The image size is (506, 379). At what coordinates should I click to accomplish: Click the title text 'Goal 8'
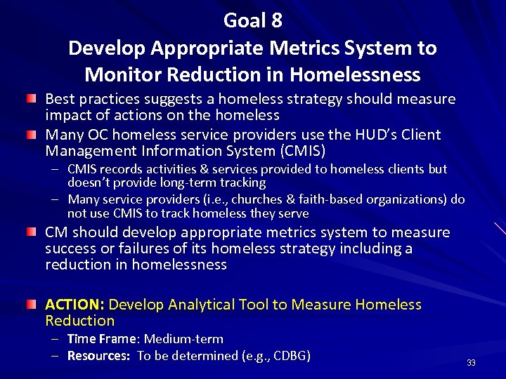click(252, 20)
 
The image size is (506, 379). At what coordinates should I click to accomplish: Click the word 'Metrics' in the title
click(294, 48)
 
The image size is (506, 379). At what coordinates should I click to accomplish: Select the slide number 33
click(471, 363)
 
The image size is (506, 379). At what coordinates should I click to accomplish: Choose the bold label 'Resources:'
click(98, 356)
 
